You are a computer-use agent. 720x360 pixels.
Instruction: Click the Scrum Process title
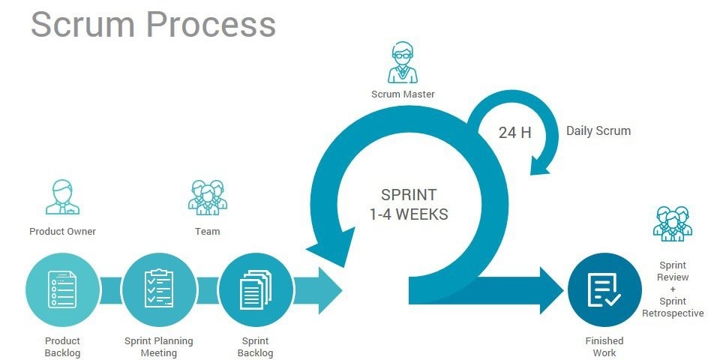coord(153,24)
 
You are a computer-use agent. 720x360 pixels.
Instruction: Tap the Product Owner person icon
coord(62,197)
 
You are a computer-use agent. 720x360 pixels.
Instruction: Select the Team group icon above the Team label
coord(207,196)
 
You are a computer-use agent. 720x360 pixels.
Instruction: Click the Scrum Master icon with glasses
coord(403,63)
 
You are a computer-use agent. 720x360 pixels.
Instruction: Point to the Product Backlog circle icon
coord(62,289)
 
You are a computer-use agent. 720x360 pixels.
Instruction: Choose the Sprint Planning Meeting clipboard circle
coord(158,289)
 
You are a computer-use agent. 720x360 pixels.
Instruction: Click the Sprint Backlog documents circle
coord(254,289)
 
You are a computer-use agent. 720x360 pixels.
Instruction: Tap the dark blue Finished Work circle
coord(604,289)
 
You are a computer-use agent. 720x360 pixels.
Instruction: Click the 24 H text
coord(514,133)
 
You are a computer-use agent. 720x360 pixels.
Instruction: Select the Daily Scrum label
coord(598,130)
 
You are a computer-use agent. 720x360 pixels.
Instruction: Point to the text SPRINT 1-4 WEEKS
coord(409,204)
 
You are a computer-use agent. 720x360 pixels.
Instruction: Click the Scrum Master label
coord(403,94)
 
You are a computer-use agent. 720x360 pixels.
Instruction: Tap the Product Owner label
coord(62,231)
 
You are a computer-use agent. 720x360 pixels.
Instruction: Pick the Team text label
coord(207,231)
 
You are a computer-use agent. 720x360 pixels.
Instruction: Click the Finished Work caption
coord(604,346)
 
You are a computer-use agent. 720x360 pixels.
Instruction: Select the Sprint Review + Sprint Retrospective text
coord(673,289)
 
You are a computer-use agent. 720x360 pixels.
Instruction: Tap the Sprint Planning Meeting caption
coord(158,346)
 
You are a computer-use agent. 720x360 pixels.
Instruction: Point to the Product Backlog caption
coord(62,346)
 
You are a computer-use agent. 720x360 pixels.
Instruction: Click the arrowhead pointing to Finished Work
coord(550,289)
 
